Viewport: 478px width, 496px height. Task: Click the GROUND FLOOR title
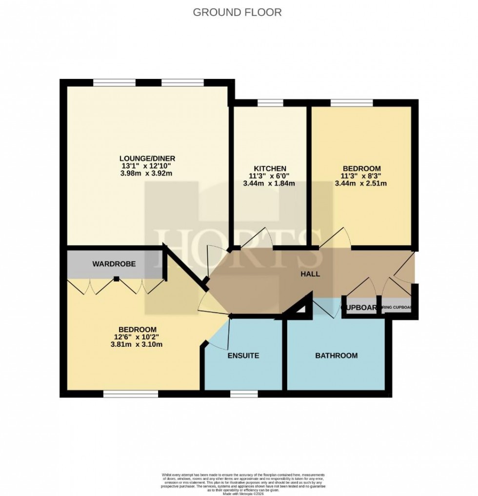pos(237,12)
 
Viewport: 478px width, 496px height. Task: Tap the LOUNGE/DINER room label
pos(147,159)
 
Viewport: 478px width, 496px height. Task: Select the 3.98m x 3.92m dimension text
pos(147,173)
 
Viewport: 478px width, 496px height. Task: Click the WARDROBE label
pos(114,264)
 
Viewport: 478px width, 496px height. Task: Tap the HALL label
pos(310,274)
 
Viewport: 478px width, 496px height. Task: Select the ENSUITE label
pos(243,356)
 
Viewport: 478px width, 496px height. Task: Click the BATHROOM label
pos(336,356)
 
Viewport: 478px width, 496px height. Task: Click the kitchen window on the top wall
pos(270,102)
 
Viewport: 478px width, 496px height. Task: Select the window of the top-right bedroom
pos(352,102)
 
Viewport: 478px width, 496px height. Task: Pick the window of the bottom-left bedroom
pos(130,393)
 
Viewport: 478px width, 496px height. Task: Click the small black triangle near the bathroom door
pos(302,309)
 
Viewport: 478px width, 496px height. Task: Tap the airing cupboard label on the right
pos(397,308)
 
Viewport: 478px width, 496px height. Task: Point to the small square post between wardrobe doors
pos(117,279)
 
